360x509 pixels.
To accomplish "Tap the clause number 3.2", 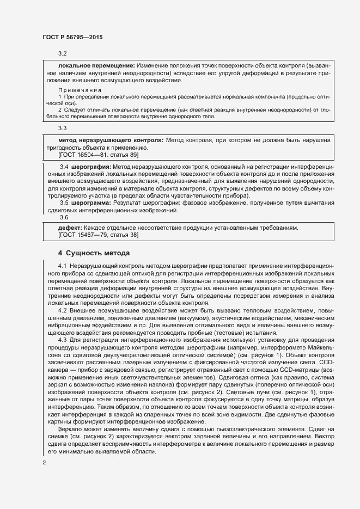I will (62, 54).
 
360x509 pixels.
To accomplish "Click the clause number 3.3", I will (62, 129).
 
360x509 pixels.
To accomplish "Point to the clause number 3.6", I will (63, 217).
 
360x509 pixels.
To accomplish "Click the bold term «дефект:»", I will (70, 228).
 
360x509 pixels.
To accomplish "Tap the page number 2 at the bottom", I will (45, 462).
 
